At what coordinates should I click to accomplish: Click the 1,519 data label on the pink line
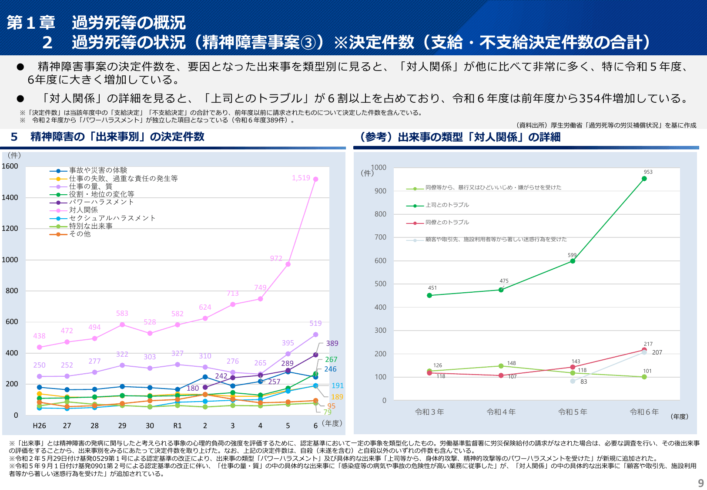pos(301,178)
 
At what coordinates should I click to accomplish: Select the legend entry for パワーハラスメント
pos(101,202)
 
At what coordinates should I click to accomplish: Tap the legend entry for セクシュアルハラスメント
pos(112,218)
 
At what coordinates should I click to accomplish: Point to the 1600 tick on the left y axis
pos(10,166)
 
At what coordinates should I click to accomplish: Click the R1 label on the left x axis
pos(178,426)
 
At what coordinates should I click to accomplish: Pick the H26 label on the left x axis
pos(39,426)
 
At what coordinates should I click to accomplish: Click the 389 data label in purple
pos(332,343)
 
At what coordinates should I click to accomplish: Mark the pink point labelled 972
pos(288,264)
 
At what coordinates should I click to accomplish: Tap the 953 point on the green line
pos(644,179)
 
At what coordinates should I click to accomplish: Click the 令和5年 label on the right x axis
pos(573,412)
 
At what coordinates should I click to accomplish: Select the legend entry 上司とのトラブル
pos(447,205)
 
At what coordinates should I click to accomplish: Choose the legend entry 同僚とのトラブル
pos(447,222)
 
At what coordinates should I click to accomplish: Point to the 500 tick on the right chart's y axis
pos(380,284)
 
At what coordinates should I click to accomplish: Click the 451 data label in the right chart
pos(432,288)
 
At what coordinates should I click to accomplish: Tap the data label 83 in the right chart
pos(583,382)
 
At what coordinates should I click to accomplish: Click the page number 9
pos(700,483)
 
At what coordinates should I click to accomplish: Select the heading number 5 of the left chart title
pos(14,137)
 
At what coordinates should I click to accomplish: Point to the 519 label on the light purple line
pos(315,323)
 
